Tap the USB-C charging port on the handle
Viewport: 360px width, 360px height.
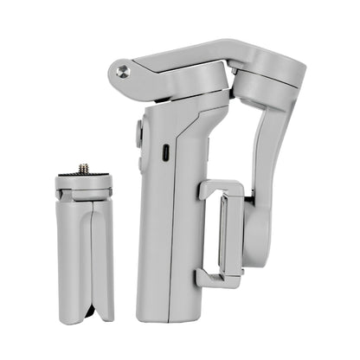(x=164, y=148)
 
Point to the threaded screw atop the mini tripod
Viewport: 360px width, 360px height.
(x=84, y=168)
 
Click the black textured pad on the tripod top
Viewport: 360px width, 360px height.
(x=84, y=177)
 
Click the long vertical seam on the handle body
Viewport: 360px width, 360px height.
(x=171, y=225)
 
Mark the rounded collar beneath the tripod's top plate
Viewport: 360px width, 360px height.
(x=84, y=195)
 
